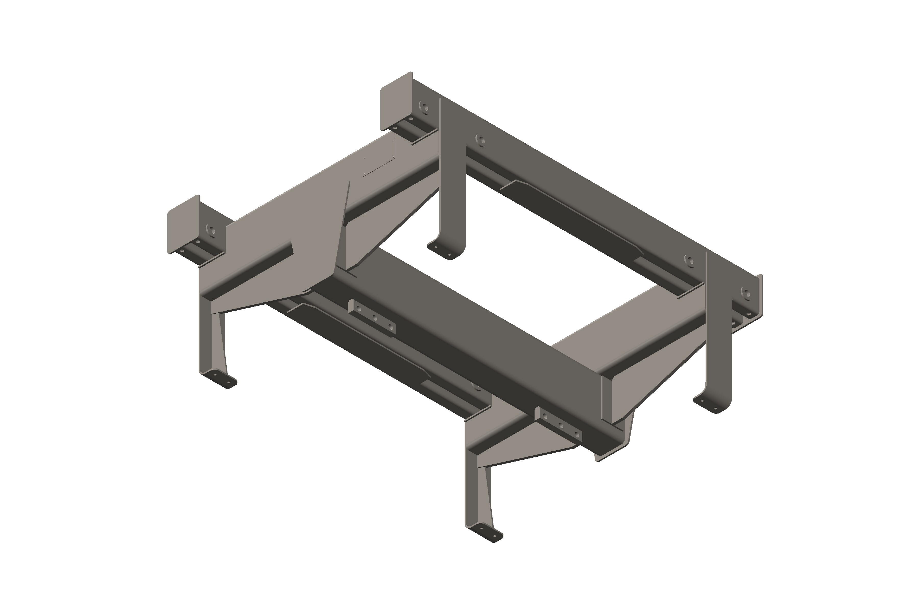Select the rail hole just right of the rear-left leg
coord(481,140)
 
